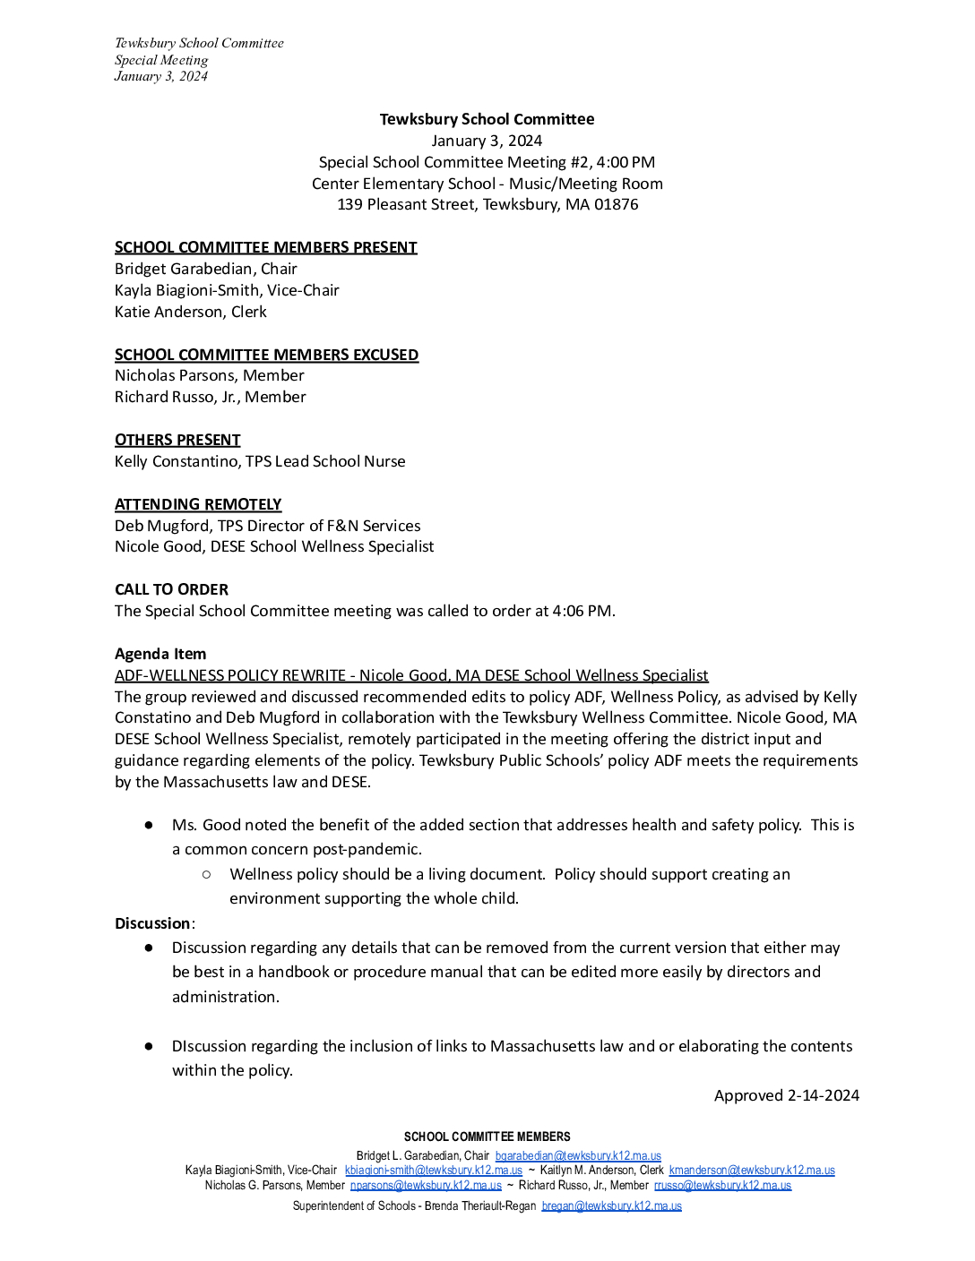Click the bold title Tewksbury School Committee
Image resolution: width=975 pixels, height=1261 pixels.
point(487,119)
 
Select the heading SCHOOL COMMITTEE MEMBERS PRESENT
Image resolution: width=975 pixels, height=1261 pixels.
point(265,247)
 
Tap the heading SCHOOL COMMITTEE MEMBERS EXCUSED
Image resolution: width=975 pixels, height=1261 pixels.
point(266,355)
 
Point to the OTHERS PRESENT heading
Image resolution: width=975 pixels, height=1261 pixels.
point(177,440)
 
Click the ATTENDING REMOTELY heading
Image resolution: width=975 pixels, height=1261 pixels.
point(198,504)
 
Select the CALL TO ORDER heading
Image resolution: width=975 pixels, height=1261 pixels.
point(171,589)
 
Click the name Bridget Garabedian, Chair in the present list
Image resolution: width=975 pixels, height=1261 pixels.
point(205,269)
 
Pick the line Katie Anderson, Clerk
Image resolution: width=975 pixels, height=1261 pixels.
point(190,312)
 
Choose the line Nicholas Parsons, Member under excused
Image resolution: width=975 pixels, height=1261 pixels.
point(209,375)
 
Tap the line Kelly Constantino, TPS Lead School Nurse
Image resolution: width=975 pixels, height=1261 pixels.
point(260,461)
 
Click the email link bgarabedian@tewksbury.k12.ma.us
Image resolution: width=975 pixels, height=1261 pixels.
point(578,1156)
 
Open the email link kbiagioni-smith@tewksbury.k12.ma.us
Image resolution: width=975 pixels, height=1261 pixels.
point(433,1171)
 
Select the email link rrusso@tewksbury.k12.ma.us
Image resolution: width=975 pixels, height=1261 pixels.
point(722,1185)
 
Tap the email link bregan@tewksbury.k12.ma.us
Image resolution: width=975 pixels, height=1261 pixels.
point(611,1206)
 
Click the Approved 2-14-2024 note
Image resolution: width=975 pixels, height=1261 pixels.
point(786,1095)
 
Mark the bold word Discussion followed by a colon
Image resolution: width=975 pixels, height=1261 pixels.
point(152,923)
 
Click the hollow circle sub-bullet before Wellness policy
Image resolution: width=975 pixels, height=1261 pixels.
point(207,874)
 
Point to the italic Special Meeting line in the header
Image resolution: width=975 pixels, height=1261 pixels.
point(161,60)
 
